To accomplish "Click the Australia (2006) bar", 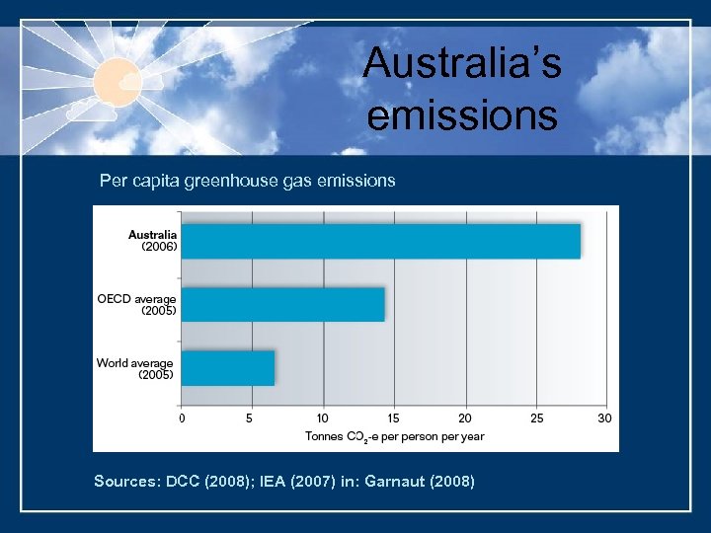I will [380, 242].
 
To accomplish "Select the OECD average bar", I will [282, 305].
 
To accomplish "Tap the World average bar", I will [228, 368].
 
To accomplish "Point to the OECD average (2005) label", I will [136, 305].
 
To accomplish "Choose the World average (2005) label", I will [134, 368].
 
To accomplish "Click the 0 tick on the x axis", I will [181, 419].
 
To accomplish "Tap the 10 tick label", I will [323, 419].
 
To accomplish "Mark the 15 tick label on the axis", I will [394, 419].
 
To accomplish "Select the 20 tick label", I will [465, 419].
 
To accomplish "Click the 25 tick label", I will [536, 419].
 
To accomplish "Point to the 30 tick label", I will [604, 419].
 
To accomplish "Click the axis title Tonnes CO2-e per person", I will [394, 436].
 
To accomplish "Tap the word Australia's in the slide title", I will [462, 64].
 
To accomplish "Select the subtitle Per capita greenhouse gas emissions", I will [247, 181].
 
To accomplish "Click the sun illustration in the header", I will [118, 79].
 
